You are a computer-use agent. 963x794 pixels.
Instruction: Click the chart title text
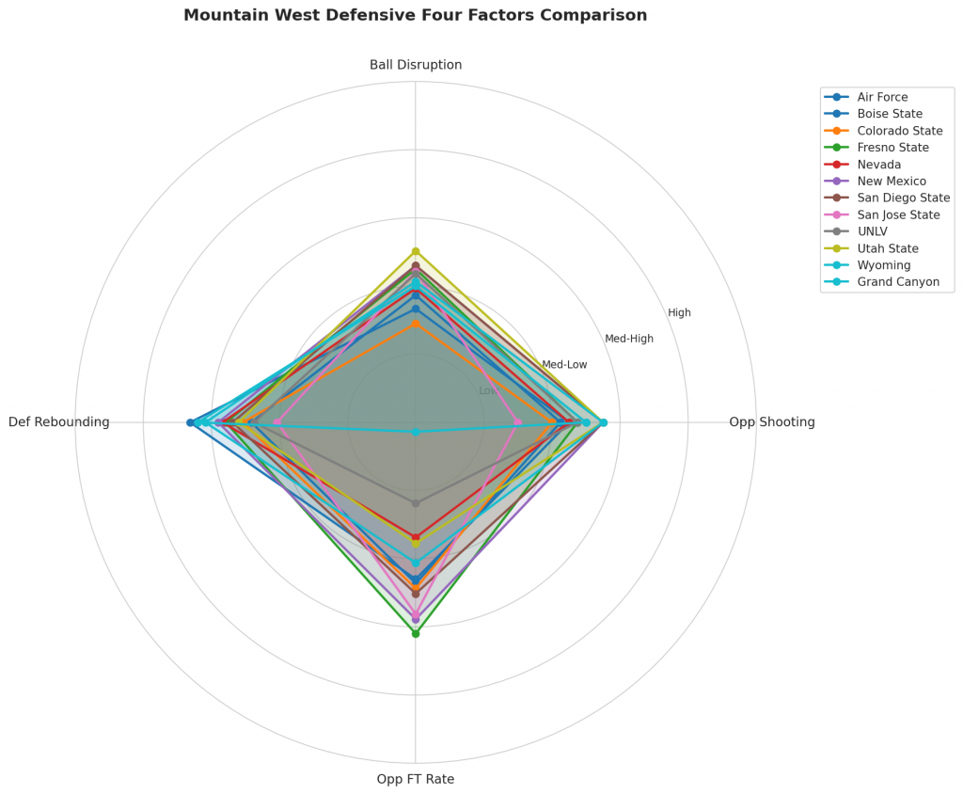pos(415,16)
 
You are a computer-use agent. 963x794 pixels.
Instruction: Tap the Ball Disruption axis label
pos(416,65)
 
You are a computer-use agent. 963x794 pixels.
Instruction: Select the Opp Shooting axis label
pos(771,422)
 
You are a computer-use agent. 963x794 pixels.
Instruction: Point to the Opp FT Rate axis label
pos(416,779)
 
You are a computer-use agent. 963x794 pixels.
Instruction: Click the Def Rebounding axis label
pos(59,422)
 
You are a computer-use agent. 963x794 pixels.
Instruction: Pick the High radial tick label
pos(679,313)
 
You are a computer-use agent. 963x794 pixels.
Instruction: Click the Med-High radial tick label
pos(628,339)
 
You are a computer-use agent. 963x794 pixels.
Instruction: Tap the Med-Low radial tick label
pos(564,365)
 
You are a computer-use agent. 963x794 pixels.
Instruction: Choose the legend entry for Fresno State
pos(892,148)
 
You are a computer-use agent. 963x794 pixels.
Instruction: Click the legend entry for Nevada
pos(878,165)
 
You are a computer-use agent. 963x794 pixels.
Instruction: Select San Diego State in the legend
pos(903,198)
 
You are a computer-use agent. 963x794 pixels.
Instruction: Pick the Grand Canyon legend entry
pos(898,282)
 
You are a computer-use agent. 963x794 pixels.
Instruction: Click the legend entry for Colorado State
pos(900,131)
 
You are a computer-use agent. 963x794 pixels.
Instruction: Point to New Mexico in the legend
pos(892,182)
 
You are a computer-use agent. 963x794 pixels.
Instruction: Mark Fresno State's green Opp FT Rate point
pos(416,633)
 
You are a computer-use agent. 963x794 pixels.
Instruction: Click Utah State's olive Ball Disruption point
pos(416,251)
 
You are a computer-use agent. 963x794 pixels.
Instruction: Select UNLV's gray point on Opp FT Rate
pos(416,503)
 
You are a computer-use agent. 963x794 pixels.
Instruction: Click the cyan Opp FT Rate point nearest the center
pos(416,432)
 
